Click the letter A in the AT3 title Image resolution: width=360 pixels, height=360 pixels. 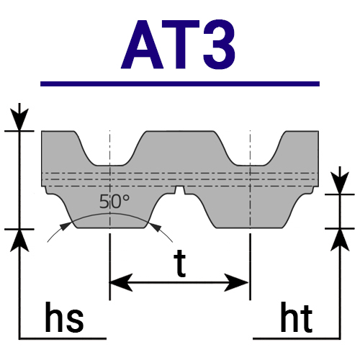click(x=142, y=45)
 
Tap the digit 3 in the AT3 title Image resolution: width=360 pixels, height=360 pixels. click(x=219, y=45)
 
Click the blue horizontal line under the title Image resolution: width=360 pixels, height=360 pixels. click(x=180, y=84)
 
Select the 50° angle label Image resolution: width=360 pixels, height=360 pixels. click(x=114, y=202)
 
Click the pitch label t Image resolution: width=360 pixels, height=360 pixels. click(x=180, y=264)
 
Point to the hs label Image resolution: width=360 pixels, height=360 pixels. click(x=64, y=318)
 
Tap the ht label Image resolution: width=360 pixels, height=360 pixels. click(x=297, y=318)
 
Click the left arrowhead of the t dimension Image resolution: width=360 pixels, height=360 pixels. click(x=121, y=282)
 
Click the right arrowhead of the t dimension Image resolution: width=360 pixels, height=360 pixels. click(x=236, y=282)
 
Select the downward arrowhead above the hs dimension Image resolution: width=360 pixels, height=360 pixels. click(x=19, y=120)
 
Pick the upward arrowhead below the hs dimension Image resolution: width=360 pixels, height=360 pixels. click(x=19, y=240)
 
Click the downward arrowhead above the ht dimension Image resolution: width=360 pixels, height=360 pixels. click(x=340, y=183)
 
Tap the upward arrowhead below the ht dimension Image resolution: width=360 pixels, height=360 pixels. click(x=340, y=240)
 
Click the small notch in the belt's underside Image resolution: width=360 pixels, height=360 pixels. click(x=180, y=190)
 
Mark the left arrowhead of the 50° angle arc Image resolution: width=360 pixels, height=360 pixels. click(x=66, y=226)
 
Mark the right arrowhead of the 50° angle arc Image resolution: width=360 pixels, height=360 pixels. click(x=155, y=227)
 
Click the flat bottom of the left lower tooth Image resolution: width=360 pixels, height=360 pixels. click(x=111, y=228)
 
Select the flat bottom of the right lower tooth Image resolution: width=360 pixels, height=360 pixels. click(x=250, y=228)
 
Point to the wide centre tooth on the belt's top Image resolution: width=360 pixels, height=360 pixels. click(x=180, y=146)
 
